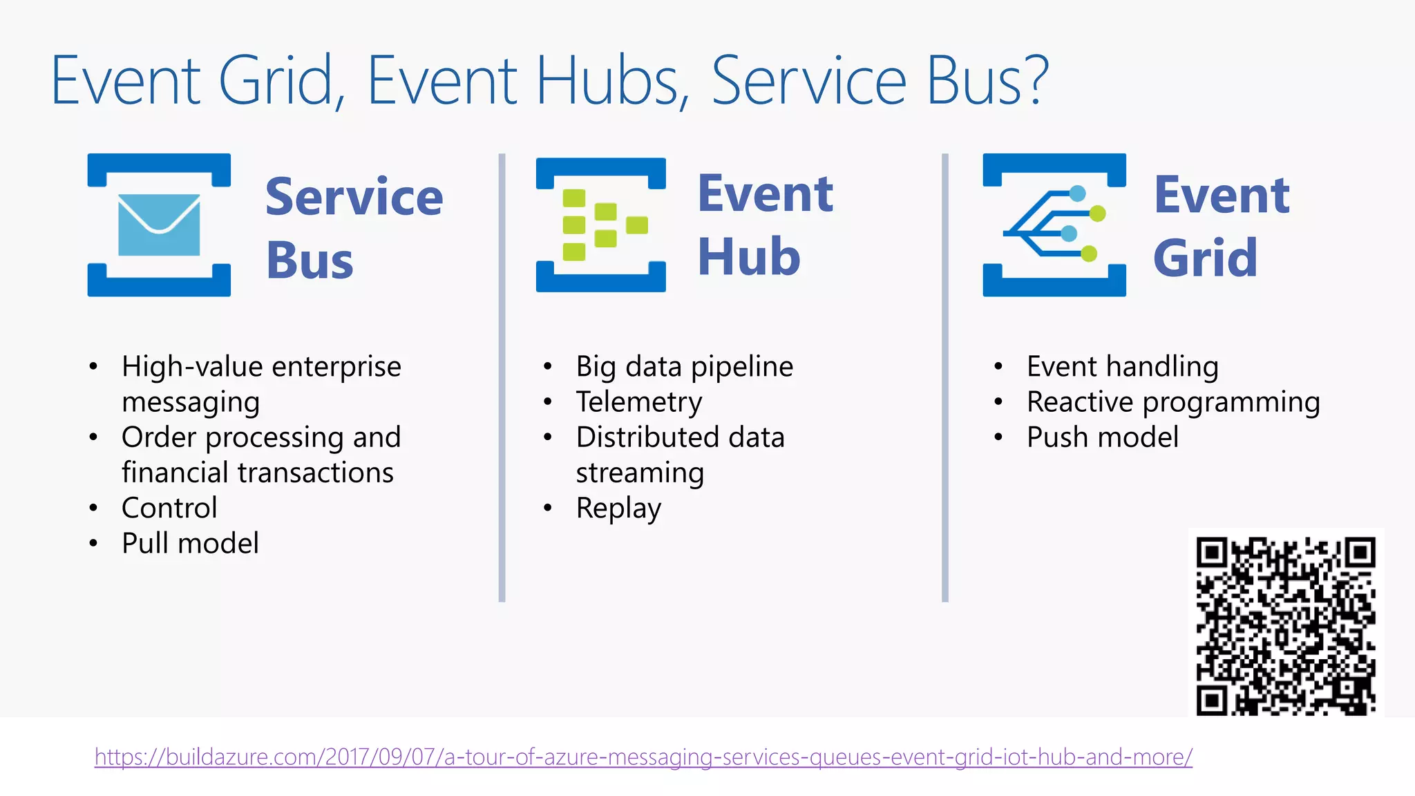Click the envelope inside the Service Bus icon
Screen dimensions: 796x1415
159,225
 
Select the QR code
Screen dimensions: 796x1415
1286,625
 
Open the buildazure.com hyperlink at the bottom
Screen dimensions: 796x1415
643,757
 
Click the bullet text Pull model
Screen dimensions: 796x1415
190,543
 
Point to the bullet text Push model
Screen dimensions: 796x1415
1102,437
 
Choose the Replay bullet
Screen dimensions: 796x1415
618,509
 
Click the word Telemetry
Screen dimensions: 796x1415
639,402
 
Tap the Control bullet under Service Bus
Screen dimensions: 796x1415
169,508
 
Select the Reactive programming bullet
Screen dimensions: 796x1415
1172,402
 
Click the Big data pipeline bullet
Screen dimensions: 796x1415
684,367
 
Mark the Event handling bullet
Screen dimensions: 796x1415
1122,367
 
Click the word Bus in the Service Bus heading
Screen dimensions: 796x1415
310,261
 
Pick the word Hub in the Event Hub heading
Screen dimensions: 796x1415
749,257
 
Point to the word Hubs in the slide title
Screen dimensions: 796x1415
608,82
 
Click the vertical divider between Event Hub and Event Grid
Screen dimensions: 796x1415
944,377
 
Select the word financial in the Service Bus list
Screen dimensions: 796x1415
176,473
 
